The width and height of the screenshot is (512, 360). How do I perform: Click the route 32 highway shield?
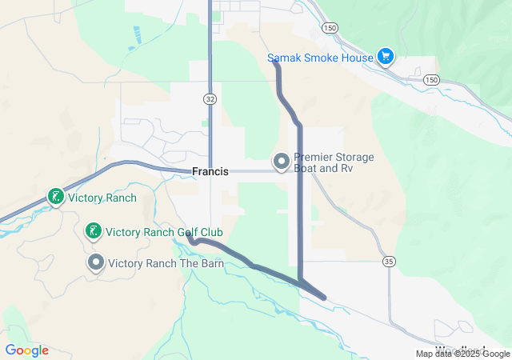[210, 98]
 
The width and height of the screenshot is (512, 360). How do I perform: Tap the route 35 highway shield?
[389, 262]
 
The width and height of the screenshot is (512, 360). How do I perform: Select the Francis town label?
[210, 172]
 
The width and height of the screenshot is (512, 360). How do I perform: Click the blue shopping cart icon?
[386, 56]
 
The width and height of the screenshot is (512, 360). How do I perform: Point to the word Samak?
[284, 58]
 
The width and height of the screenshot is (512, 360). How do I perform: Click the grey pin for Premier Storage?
[282, 162]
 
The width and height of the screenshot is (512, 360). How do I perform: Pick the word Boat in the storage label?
[309, 170]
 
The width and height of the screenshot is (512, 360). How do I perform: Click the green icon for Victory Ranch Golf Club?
[93, 232]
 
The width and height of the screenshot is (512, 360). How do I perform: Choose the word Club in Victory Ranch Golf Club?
[211, 233]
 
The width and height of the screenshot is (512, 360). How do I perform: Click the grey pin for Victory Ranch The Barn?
[96, 262]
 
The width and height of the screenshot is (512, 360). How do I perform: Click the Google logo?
[27, 350]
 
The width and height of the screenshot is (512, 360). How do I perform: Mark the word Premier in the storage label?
[314, 158]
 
